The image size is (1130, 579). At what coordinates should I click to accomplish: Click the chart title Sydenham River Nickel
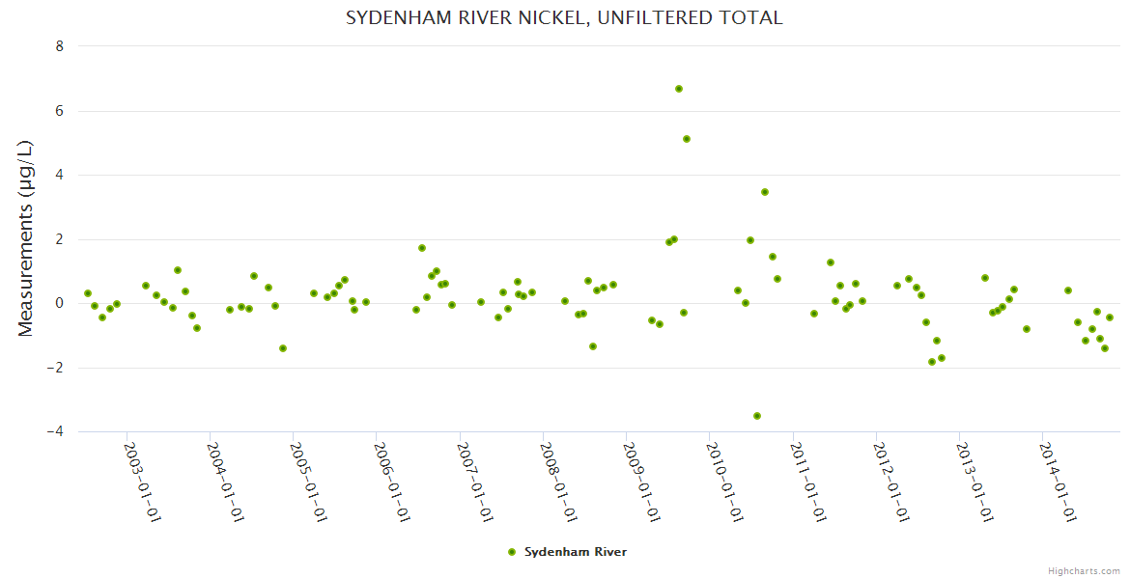(x=564, y=18)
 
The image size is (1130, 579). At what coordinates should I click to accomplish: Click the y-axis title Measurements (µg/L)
(x=26, y=237)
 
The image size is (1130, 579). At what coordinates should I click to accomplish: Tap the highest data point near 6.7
(x=679, y=89)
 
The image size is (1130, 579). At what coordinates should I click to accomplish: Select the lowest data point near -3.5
(x=757, y=416)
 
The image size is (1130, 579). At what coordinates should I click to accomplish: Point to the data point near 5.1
(x=687, y=139)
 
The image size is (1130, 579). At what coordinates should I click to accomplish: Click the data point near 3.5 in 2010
(x=765, y=192)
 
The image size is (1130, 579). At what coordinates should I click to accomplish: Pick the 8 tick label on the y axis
(x=60, y=46)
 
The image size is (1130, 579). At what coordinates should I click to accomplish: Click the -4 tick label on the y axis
(x=56, y=431)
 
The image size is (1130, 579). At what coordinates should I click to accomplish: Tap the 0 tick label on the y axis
(x=60, y=303)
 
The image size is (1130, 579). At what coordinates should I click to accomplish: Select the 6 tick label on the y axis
(x=60, y=111)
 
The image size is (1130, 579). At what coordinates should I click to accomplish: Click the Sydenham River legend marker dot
(x=512, y=552)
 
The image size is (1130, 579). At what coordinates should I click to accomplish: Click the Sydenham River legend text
(x=576, y=552)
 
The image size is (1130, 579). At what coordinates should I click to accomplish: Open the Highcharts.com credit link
(x=1084, y=570)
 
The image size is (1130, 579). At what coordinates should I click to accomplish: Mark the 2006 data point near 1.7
(x=422, y=248)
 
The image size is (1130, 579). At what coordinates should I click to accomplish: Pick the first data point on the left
(x=88, y=293)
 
